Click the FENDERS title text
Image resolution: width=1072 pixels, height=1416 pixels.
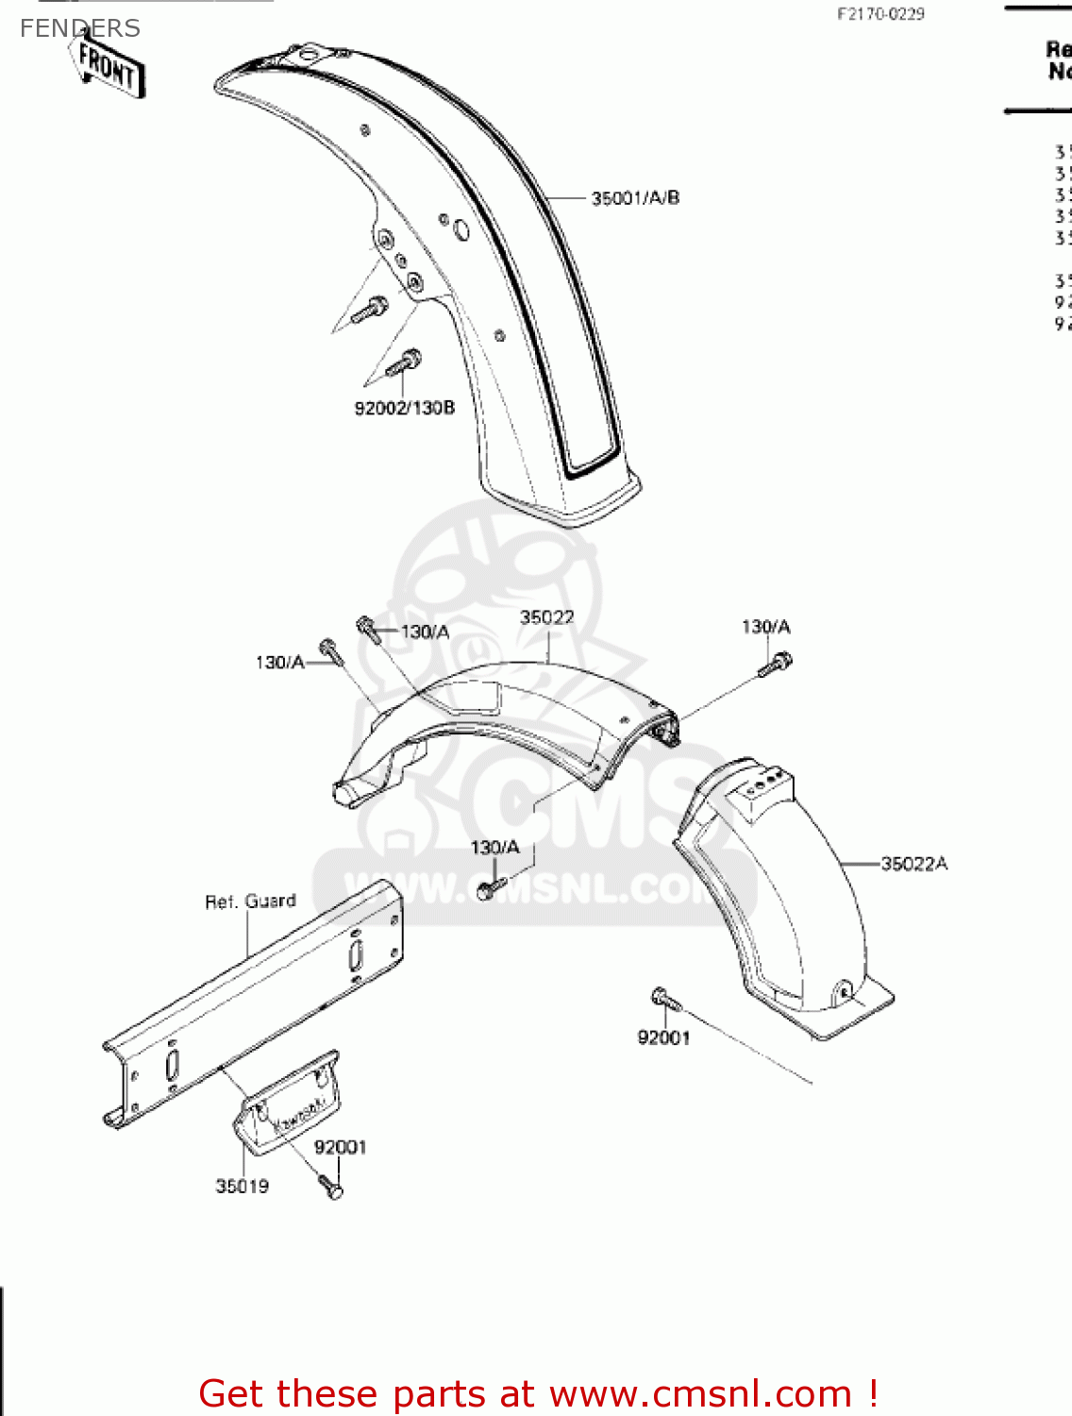(79, 28)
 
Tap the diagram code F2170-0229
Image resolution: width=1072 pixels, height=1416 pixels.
(880, 14)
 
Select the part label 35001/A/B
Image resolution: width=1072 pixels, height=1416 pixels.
(635, 198)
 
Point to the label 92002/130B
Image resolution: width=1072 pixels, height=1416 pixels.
(404, 408)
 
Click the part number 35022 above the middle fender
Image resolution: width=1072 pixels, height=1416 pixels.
(547, 617)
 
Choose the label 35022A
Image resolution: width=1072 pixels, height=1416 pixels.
(913, 864)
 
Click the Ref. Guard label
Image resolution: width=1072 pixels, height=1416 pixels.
(250, 902)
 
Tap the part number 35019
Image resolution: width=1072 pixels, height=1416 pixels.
(243, 1187)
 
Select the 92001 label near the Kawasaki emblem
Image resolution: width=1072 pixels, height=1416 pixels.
(340, 1147)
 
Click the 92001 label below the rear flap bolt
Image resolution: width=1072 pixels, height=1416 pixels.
(663, 1038)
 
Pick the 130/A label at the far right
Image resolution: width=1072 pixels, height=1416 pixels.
(765, 628)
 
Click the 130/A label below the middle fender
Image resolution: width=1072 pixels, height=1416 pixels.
(494, 848)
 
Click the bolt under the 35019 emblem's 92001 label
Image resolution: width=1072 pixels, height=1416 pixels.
(331, 1187)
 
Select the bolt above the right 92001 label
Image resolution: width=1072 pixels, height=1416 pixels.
(661, 997)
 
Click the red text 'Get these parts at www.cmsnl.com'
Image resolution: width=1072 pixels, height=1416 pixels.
(539, 1393)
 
